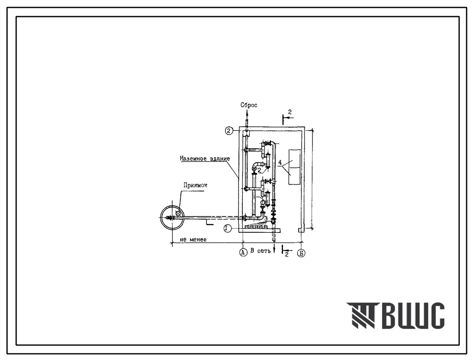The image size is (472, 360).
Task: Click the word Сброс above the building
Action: (249, 105)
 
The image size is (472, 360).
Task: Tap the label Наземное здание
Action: (205, 158)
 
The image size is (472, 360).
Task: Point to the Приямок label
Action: (195, 186)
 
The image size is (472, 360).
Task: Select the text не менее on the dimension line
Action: (193, 239)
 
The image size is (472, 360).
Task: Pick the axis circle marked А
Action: (242, 253)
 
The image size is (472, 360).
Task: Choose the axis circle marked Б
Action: (301, 253)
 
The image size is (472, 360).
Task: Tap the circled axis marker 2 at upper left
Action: (230, 130)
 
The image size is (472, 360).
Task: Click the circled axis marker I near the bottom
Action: (228, 229)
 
